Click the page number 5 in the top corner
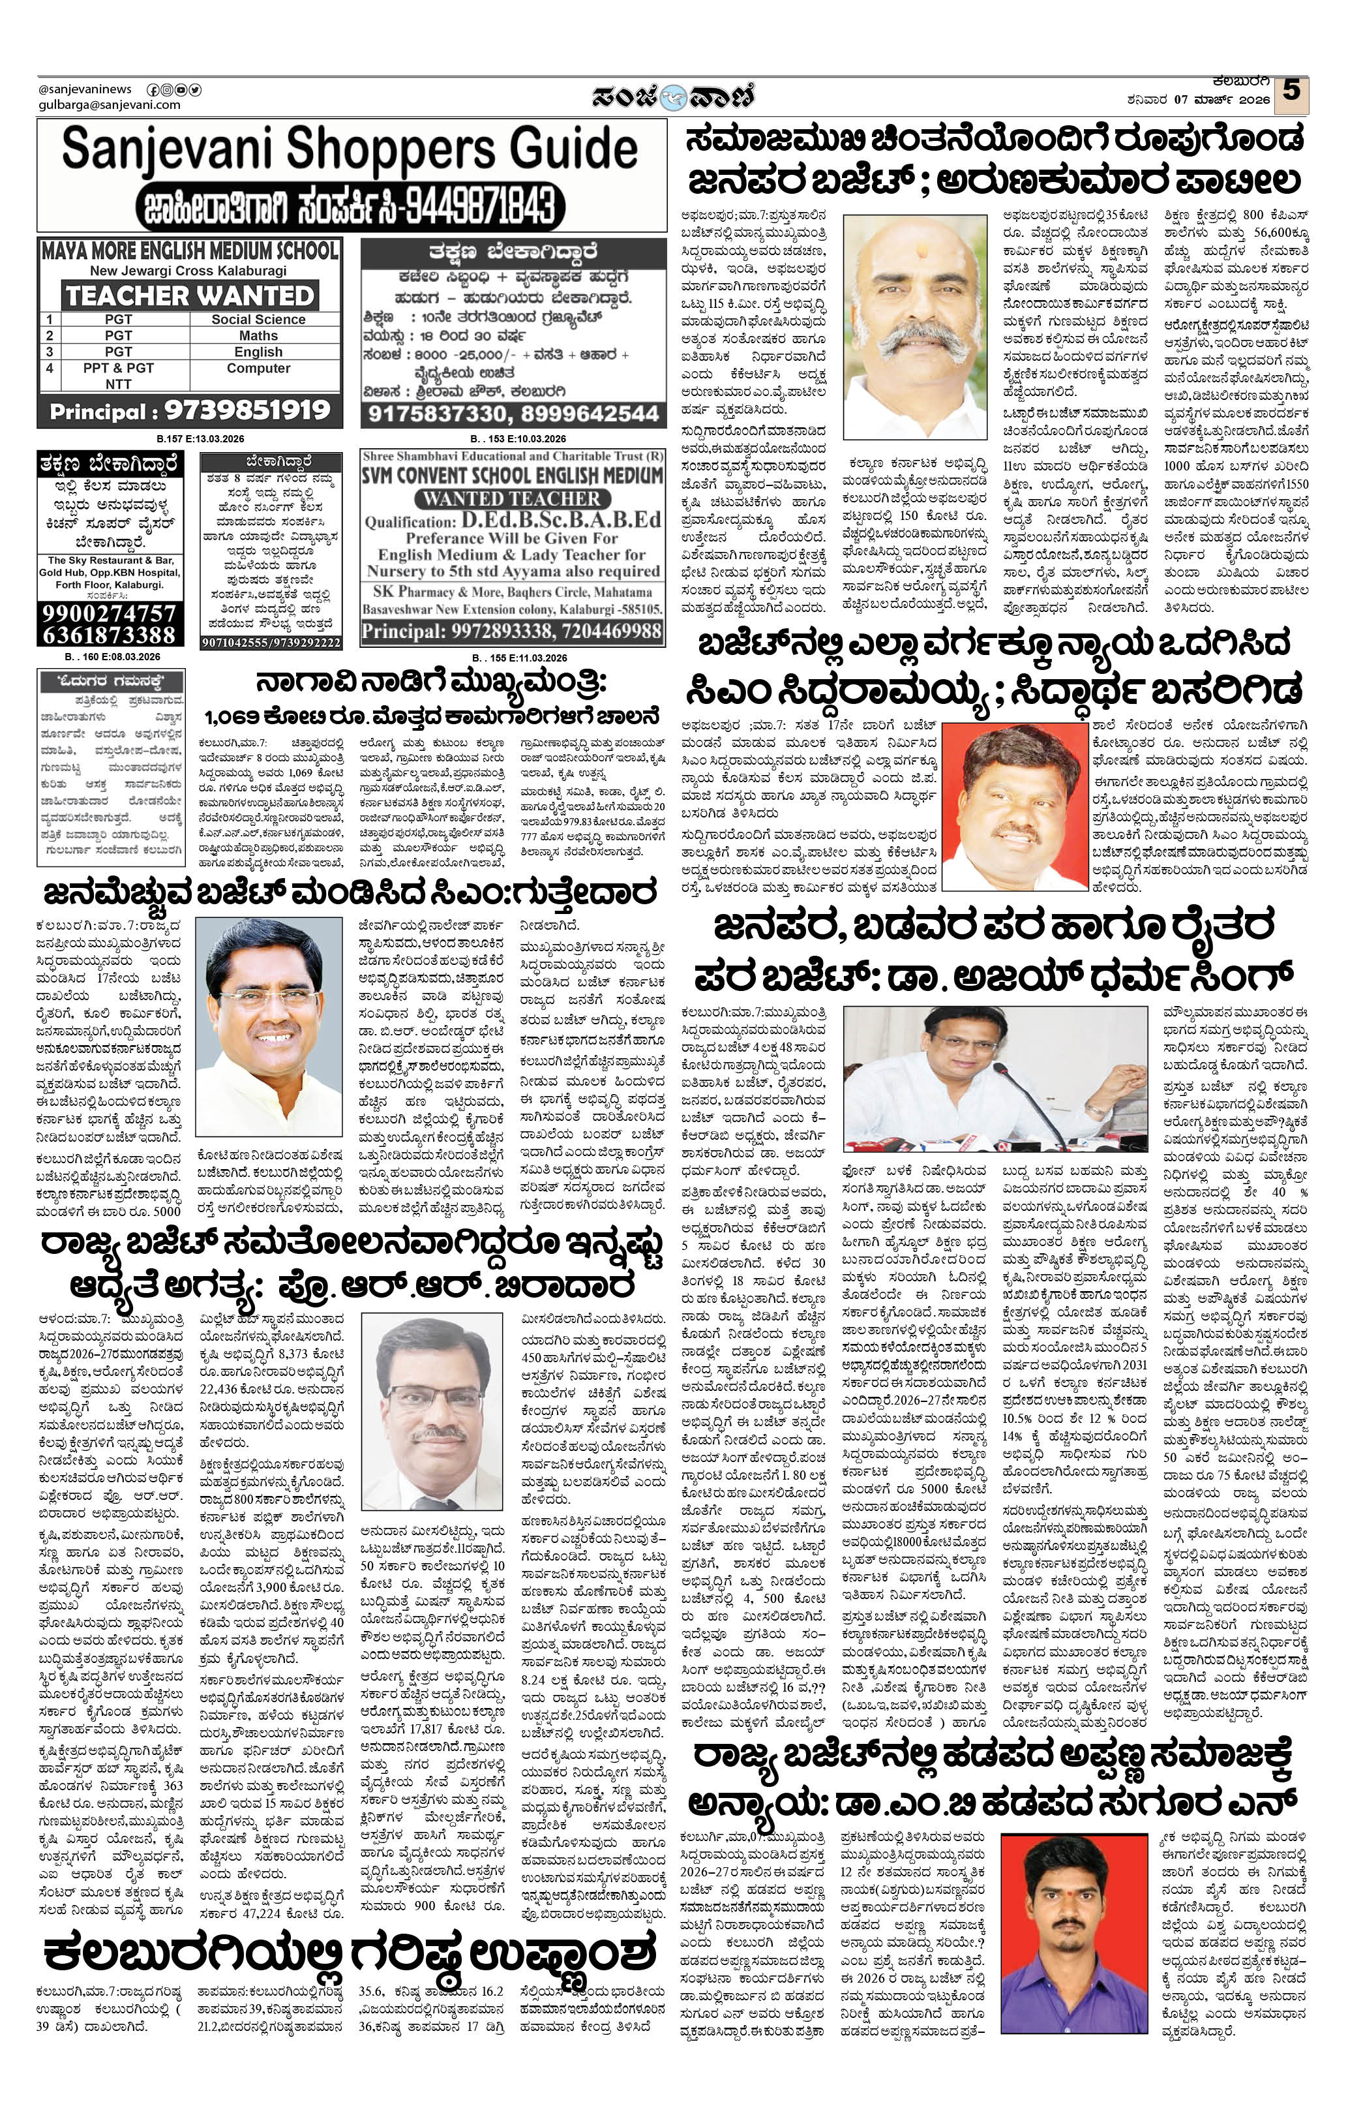coord(1291,91)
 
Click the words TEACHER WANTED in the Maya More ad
coord(189,295)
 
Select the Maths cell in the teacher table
coord(258,335)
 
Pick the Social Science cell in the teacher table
coord(258,320)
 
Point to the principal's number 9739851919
coord(247,410)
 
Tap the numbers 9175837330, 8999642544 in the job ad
coord(512,414)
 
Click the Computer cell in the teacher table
coord(258,368)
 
